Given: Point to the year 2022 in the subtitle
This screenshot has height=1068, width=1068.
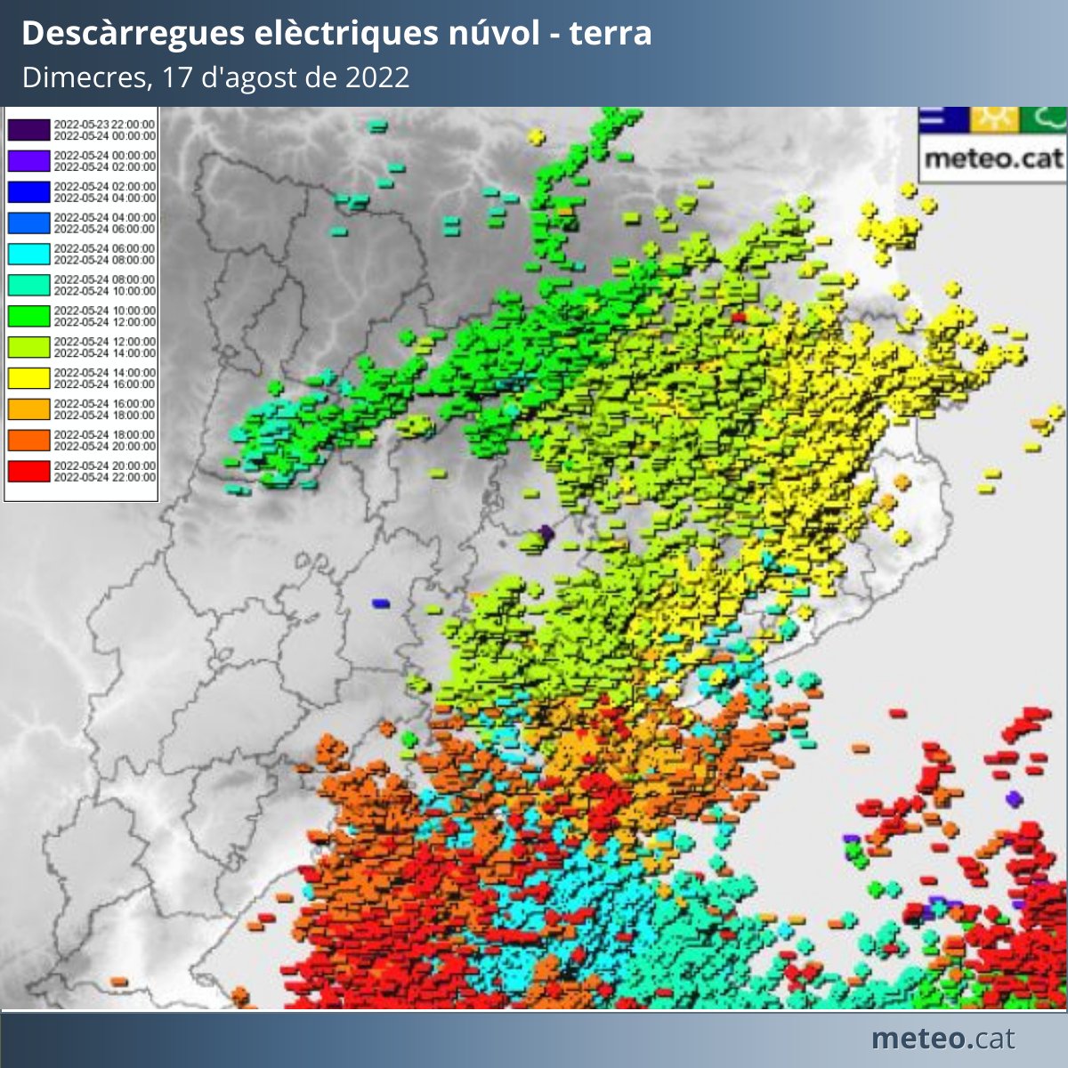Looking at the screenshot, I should pos(377,77).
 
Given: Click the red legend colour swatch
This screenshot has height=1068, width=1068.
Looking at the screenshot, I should pos(28,471).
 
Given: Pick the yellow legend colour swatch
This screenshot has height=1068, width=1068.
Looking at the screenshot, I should pos(28,377).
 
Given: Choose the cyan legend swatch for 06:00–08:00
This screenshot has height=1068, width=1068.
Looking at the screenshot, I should pos(28,254).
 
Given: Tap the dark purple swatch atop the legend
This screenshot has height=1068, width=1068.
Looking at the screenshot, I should pos(28,130).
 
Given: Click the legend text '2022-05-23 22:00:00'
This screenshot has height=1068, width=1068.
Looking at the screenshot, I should pos(104,125).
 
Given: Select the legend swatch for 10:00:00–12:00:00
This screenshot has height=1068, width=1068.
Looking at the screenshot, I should pos(28,316).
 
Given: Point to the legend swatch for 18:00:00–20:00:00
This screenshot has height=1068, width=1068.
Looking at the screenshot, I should pos(28,440).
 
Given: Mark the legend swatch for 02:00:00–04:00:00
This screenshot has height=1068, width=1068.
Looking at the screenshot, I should pos(28,191).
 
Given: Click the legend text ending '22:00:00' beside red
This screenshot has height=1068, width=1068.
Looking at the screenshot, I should pos(104,477).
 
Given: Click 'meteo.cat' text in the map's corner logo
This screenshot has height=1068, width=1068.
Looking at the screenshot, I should pos(993,159).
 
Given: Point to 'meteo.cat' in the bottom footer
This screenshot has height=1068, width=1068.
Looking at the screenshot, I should pos(943,1039).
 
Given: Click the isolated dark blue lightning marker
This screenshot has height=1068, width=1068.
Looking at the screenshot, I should pos(381,603).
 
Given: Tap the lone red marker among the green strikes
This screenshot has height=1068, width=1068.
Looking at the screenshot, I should pos(738,316).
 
